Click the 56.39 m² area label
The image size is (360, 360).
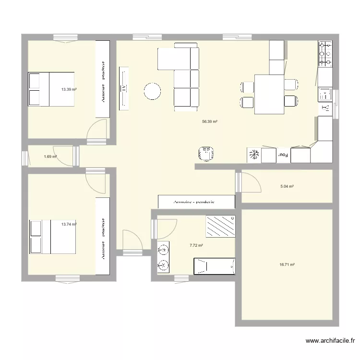[x=210, y=122]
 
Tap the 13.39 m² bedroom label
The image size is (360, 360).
[x=69, y=89]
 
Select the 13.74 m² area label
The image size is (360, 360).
[x=69, y=224]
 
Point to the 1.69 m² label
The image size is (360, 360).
[x=50, y=156]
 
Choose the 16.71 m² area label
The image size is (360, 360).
[x=287, y=264]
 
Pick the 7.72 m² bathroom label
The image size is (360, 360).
[x=196, y=245]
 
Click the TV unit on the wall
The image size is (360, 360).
[x=124, y=88]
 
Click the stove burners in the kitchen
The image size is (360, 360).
[x=325, y=54]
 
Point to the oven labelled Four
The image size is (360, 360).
[x=284, y=155]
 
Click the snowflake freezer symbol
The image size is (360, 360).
[x=254, y=155]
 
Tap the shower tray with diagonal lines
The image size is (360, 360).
[x=221, y=226]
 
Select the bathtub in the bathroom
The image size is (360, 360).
[x=214, y=266]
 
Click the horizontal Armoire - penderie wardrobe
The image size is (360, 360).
[x=197, y=202]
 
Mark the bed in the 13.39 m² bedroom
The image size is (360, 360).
[x=51, y=89]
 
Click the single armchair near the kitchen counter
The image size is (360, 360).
[x=206, y=154]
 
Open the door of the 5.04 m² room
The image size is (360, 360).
[x=250, y=182]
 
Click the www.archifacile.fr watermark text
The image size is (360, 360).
[x=330, y=341]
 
